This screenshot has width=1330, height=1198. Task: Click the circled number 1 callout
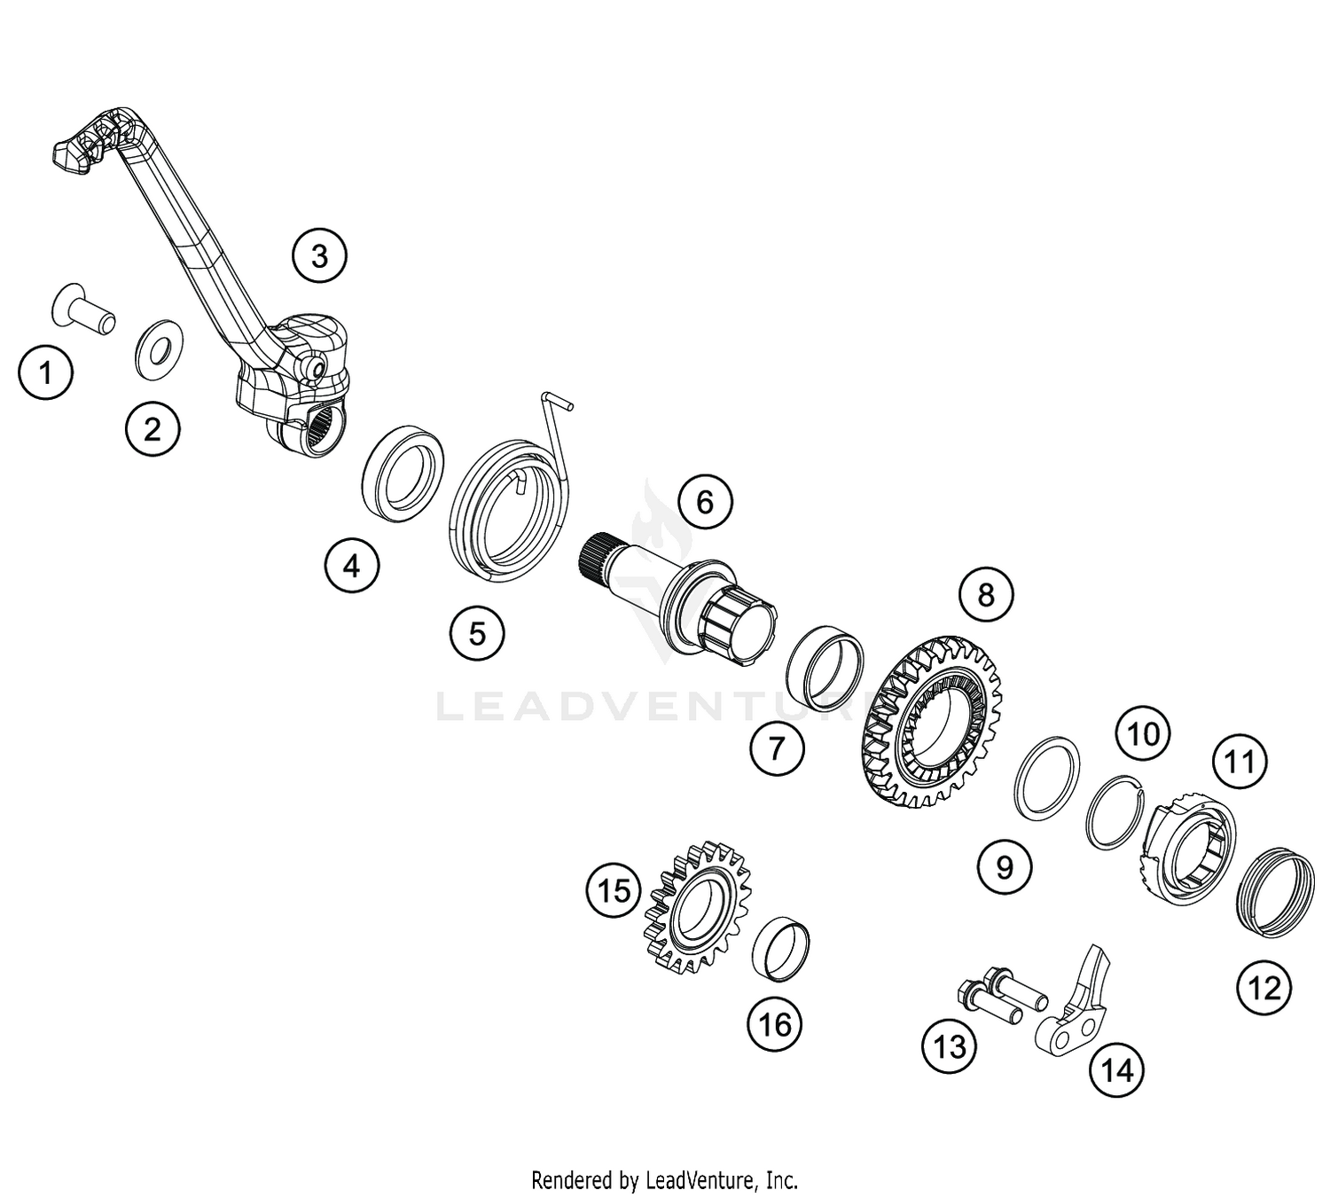tap(45, 372)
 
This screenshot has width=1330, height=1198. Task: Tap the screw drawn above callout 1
tap(83, 314)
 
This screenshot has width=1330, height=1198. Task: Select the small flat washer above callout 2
tap(159, 350)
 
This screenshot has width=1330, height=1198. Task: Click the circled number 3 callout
tap(319, 256)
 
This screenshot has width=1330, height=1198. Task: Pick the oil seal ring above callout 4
tap(403, 474)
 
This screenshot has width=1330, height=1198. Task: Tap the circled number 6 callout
tap(705, 502)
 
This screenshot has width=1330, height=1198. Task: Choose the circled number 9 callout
tap(1005, 867)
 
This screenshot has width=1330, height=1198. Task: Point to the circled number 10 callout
tap(1144, 734)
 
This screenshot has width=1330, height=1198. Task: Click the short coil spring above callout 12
tap(1276, 892)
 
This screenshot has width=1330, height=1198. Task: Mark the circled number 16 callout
tap(774, 1024)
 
